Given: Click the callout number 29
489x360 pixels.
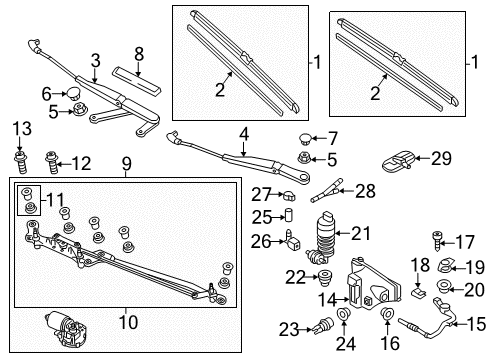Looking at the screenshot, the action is [441, 158].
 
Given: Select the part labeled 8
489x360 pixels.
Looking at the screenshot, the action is [137, 81].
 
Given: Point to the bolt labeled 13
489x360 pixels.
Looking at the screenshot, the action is [20, 162].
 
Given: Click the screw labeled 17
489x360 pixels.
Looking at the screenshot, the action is [437, 241].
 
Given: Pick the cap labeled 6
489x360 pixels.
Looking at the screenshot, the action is [71, 92].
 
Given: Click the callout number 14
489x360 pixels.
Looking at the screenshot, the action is [328, 299].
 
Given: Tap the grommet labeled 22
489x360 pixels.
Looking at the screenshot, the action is [323, 278].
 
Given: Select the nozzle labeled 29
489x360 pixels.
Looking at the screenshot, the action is [398, 162].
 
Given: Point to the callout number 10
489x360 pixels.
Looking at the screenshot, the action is [128, 322].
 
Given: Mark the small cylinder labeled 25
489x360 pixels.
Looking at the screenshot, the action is [289, 215].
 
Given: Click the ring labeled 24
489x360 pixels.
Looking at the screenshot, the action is [343, 314].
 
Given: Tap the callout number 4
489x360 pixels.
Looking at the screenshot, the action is [244, 135].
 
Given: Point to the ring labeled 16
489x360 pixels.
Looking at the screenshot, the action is [387, 313].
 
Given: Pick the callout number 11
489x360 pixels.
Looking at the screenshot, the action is [55, 200].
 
